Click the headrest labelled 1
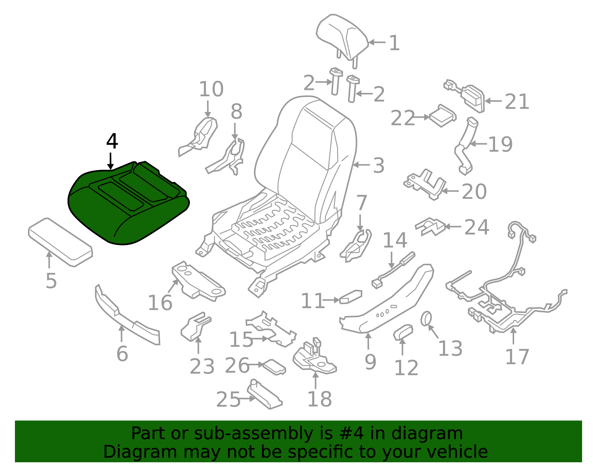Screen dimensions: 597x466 click(342, 38)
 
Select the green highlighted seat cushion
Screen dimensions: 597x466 click(128, 203)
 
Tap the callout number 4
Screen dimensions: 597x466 click(112, 141)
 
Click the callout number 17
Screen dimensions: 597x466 click(517, 357)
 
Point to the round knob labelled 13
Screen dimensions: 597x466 click(426, 319)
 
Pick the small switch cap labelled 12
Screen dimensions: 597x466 click(403, 333)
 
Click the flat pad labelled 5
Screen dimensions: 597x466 click(60, 242)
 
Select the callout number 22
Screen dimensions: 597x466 click(403, 118)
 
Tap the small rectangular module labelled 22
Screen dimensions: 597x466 click(443, 116)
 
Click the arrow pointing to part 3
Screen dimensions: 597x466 click(362, 165)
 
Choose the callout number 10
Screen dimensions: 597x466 click(211, 89)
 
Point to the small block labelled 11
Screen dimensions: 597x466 click(351, 297)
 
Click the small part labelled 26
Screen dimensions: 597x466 click(274, 367)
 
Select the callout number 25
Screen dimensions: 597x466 click(228, 400)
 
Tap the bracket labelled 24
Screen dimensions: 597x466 click(430, 227)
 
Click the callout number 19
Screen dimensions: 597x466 click(500, 144)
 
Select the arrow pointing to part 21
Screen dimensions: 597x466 click(493, 101)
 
